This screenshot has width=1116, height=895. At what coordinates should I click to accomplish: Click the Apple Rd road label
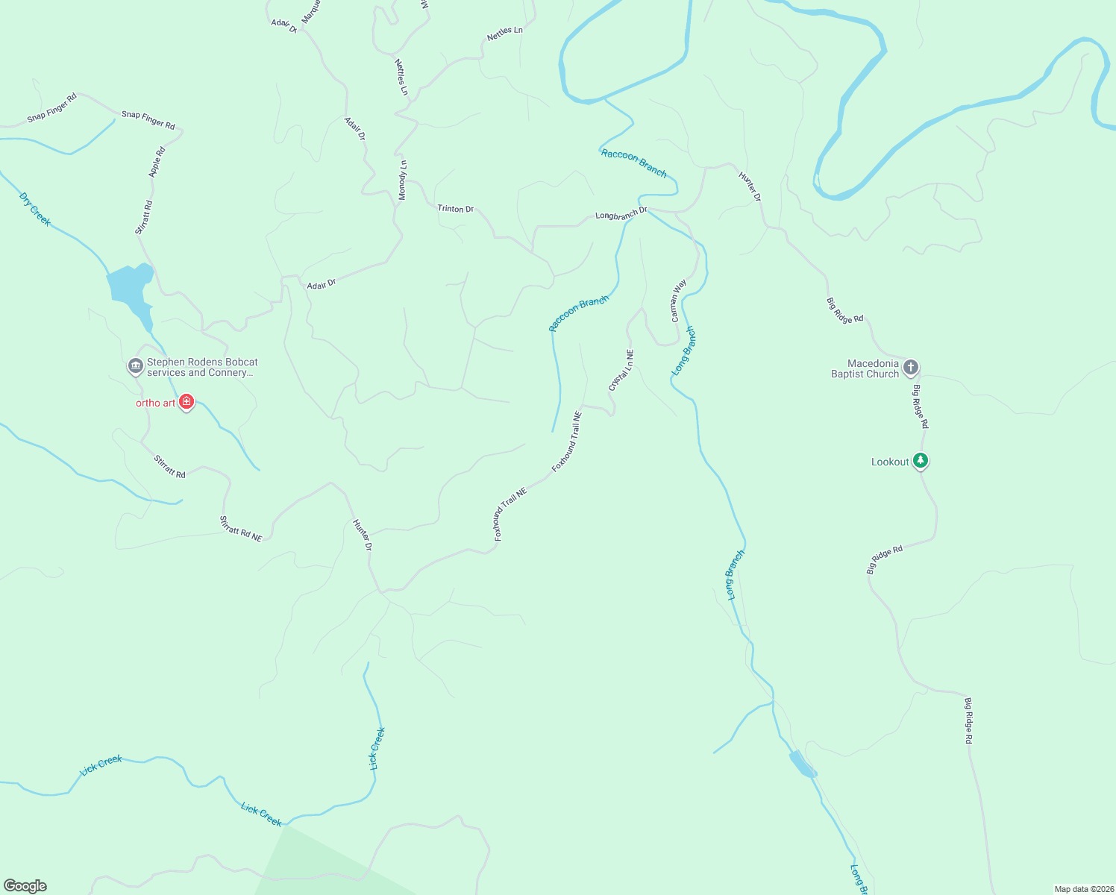click(x=157, y=162)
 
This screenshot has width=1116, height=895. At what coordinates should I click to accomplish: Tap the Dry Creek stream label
click(x=34, y=210)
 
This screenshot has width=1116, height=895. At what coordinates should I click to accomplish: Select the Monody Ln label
click(x=403, y=180)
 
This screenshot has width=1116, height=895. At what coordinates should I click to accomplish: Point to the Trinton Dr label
click(x=455, y=209)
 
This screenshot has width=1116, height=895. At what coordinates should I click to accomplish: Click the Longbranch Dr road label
click(x=621, y=213)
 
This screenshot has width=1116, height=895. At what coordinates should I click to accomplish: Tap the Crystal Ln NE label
click(x=621, y=371)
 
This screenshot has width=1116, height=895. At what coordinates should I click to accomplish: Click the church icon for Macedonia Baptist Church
click(x=910, y=367)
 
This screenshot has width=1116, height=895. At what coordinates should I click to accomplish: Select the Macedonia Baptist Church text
click(x=865, y=368)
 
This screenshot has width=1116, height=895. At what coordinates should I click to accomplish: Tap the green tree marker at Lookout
click(x=921, y=461)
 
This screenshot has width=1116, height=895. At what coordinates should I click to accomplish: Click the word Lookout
click(x=890, y=462)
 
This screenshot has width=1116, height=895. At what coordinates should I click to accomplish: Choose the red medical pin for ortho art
click(x=186, y=403)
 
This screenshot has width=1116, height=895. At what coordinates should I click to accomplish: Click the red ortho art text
click(x=155, y=403)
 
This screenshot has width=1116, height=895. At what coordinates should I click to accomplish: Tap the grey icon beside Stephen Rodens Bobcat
click(x=135, y=366)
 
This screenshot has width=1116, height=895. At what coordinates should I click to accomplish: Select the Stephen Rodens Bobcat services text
click(x=201, y=367)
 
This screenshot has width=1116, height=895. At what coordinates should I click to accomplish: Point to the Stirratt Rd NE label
click(x=241, y=529)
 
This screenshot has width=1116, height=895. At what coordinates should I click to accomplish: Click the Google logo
click(x=25, y=886)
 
